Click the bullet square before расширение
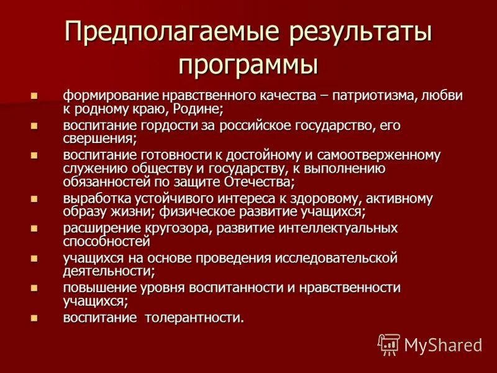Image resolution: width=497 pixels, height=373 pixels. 35,228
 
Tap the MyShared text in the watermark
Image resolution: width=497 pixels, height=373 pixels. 443,345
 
